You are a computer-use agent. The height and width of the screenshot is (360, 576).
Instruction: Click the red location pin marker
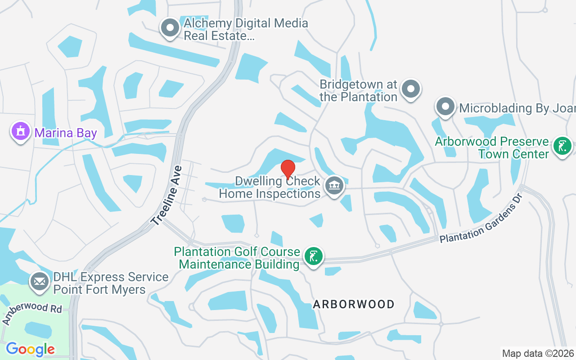point(288,170)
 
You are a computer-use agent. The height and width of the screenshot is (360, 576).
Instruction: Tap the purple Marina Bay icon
point(20,131)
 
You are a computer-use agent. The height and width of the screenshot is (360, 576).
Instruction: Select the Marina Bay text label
point(66,133)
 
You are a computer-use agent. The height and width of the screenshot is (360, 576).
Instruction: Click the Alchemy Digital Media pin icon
point(170,27)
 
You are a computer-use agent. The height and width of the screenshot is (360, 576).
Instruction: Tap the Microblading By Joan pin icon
point(445,107)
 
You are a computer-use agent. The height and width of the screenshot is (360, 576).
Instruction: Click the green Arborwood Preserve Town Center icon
point(562,146)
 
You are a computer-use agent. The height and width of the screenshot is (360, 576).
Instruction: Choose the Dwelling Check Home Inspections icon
point(334,185)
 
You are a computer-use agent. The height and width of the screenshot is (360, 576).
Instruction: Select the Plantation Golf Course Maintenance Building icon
point(314,256)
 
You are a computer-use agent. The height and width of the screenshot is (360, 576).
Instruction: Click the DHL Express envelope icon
point(40,282)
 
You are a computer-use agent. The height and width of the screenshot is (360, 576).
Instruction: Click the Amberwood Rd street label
point(31,313)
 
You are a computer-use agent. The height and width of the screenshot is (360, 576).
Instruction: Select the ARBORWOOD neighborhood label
point(354,305)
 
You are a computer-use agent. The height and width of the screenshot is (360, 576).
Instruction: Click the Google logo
point(30,349)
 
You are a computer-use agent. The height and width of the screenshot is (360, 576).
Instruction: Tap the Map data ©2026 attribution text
point(538,353)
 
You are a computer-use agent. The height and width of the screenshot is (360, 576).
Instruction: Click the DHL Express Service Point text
point(111,283)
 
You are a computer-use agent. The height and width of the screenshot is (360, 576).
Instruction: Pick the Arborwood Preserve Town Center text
point(492,148)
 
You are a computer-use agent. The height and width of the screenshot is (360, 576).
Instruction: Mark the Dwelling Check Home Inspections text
point(270,188)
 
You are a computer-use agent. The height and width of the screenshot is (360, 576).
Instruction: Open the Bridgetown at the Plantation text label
point(359,90)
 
